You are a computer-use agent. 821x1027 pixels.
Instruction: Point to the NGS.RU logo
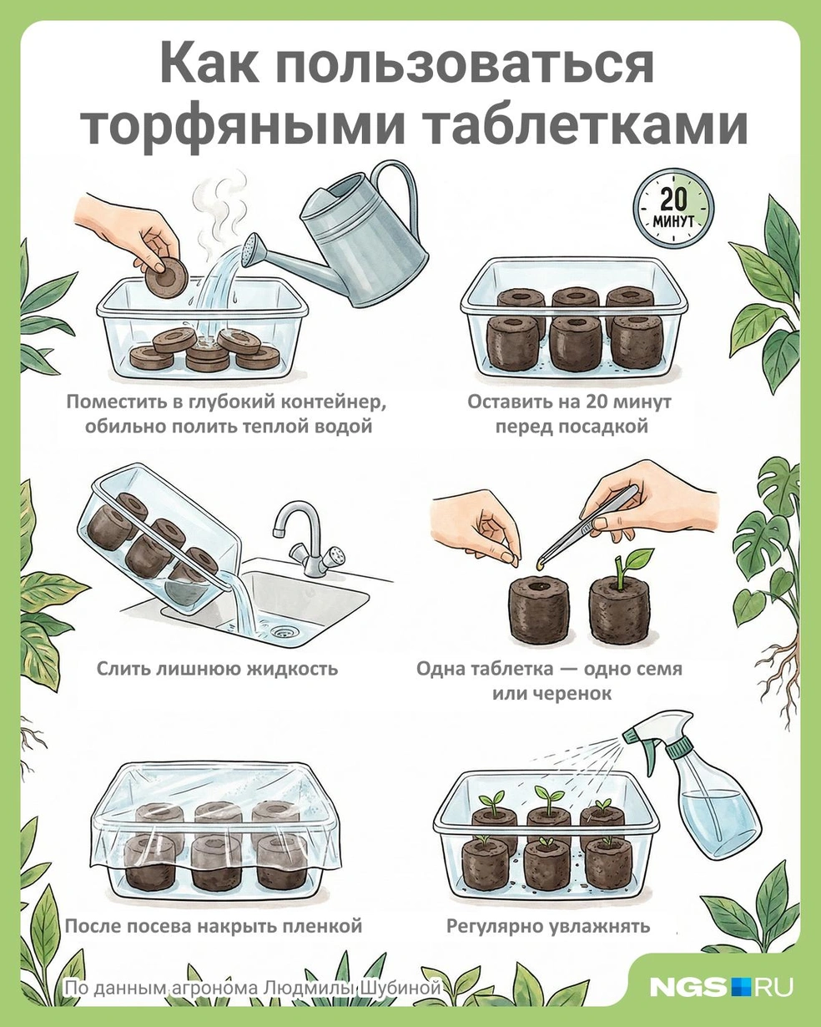721,987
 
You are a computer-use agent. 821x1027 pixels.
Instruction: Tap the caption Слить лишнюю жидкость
217,669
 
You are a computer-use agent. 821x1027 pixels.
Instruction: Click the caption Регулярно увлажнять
547,926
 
